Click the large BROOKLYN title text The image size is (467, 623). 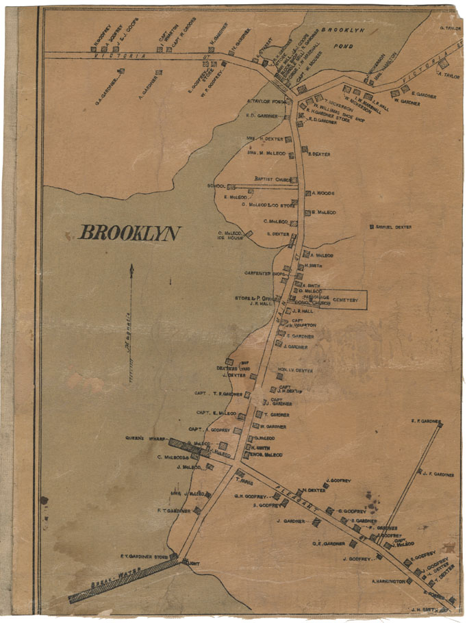pos(130,233)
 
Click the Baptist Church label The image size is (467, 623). pos(273,179)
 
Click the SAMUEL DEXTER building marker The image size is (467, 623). pos(370,227)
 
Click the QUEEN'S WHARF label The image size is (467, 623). pos(142,437)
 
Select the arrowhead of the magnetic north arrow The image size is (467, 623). pos(131,268)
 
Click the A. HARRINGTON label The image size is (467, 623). pos(388,581)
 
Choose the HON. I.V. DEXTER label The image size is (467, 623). pos(296,370)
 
